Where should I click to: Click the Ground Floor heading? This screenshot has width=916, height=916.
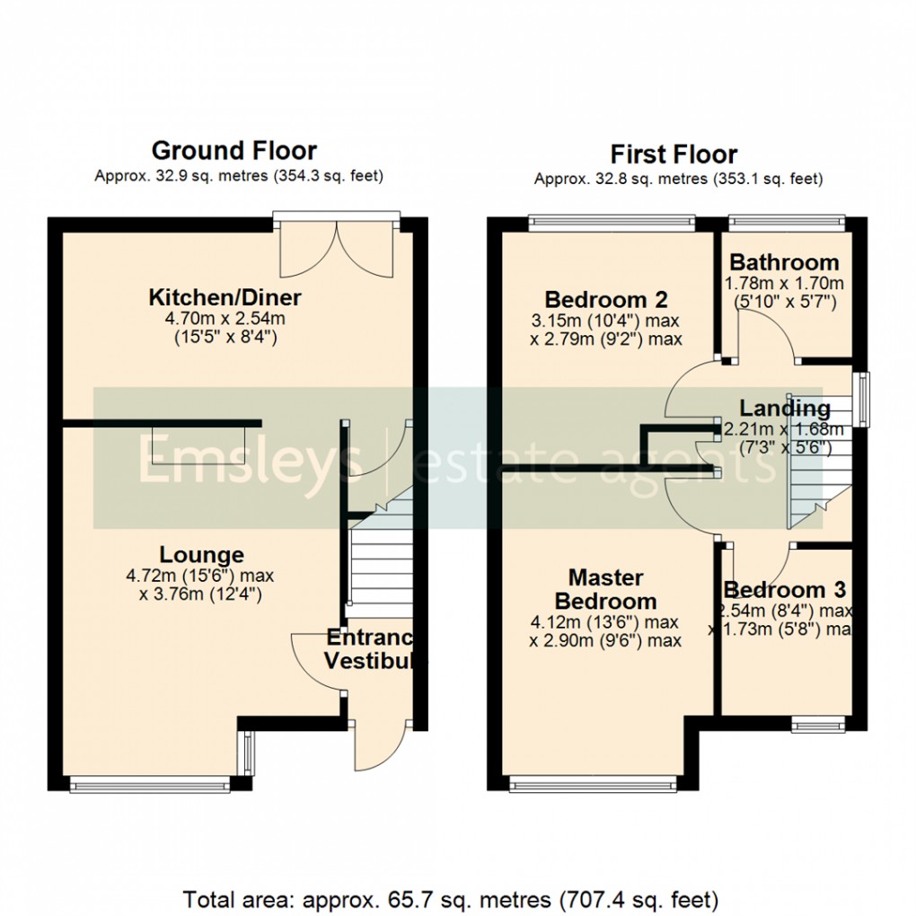pos(233,150)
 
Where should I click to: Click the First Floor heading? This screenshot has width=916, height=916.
pos(674,154)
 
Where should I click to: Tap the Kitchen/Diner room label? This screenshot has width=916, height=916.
pos(225,297)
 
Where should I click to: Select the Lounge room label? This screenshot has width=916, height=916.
pos(202,555)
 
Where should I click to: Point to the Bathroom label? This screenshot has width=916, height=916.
pos(784,263)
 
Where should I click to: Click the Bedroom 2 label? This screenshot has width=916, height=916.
pos(607,299)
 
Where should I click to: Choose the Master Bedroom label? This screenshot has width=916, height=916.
pos(606,589)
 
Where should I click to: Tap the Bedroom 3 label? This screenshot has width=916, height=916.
pos(785,590)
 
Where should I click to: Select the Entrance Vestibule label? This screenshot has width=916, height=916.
pos(371,649)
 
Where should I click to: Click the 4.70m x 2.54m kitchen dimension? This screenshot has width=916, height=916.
pos(225,318)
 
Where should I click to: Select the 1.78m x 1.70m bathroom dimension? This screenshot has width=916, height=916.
pos(784,284)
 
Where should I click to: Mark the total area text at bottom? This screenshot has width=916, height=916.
pos(451,898)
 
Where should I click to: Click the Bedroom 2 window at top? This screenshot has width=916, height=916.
pos(612,219)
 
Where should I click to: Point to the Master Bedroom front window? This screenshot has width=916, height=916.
pos(593,785)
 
